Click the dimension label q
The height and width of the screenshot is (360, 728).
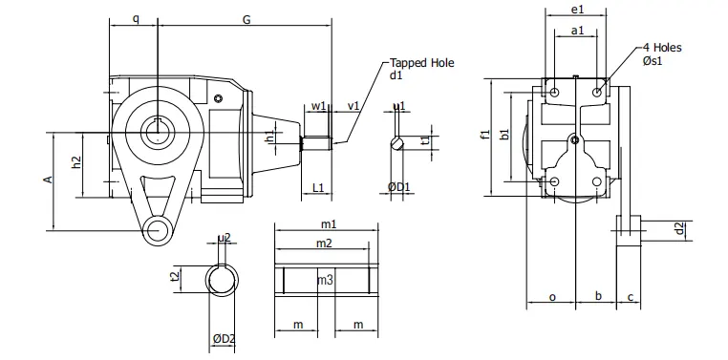tap(135, 17)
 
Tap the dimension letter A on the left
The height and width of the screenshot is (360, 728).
tap(45, 180)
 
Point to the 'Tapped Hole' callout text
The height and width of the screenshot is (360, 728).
tap(421, 63)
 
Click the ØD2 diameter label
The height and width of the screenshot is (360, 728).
tap(225, 338)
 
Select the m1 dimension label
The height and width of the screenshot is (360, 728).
tap(328, 223)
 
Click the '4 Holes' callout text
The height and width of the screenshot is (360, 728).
tap(662, 47)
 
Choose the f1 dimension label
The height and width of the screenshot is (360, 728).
tap(484, 134)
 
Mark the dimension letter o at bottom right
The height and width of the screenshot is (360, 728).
tap(552, 297)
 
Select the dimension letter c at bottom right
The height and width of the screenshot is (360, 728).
tap(630, 297)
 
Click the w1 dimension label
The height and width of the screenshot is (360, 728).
tap(318, 105)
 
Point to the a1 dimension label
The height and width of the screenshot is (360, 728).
tap(576, 32)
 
